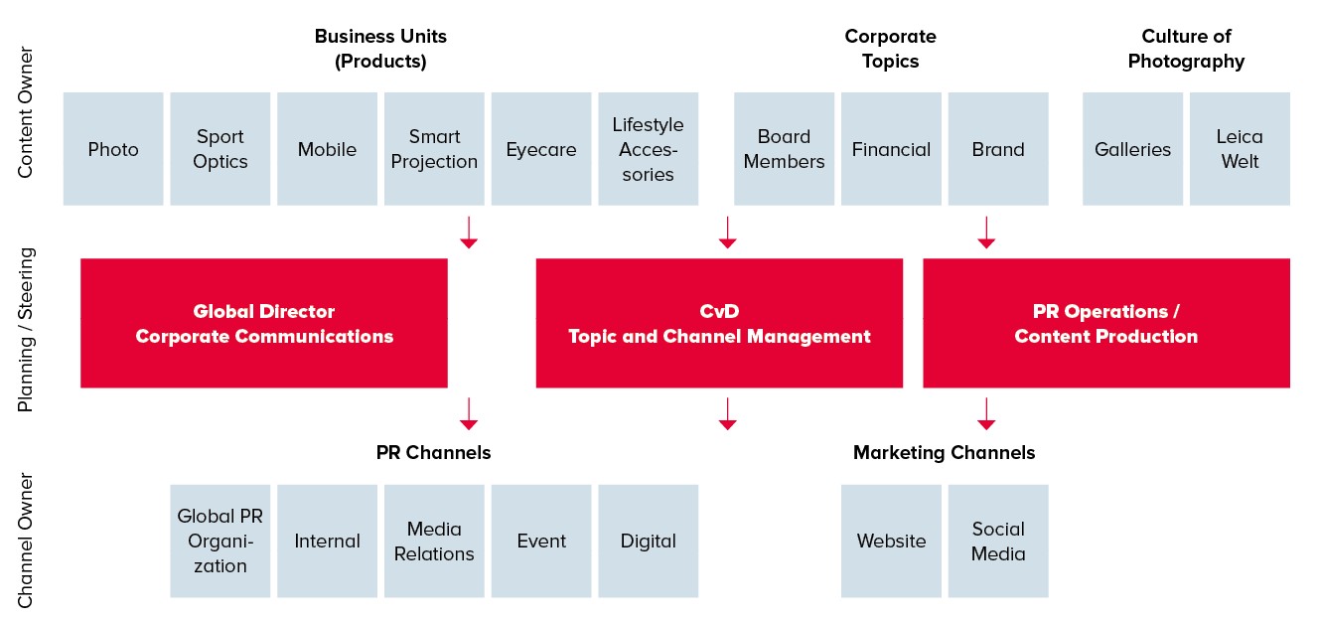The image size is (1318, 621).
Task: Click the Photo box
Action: click(113, 149)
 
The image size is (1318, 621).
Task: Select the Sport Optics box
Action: click(220, 149)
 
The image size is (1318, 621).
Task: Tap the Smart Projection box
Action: click(434, 149)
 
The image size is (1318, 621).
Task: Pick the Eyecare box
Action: click(541, 149)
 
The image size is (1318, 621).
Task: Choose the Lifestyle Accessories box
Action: click(649, 149)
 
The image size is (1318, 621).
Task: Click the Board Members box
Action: click(784, 149)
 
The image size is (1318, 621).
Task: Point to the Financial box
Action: click(891, 149)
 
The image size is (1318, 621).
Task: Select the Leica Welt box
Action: click(1240, 149)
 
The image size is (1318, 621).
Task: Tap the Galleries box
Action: click(1132, 149)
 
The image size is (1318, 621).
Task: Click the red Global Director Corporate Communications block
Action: click(264, 323)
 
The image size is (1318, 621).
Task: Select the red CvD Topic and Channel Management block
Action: click(719, 323)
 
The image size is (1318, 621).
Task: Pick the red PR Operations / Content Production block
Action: click(1106, 323)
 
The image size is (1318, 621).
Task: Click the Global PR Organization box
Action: click(220, 542)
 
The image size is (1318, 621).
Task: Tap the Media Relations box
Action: click(434, 542)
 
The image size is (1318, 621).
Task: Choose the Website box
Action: click(891, 542)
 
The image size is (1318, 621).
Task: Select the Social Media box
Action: click(998, 542)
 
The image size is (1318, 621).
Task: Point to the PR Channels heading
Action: click(433, 453)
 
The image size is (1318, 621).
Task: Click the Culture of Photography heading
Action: click(1186, 49)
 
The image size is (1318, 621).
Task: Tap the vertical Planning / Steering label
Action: click(27, 329)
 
